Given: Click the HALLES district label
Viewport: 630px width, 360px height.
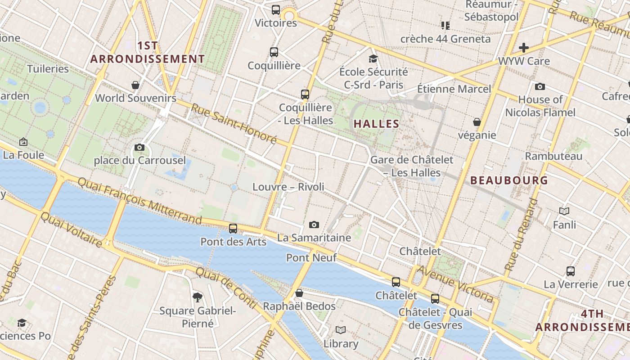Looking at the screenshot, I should (x=377, y=124).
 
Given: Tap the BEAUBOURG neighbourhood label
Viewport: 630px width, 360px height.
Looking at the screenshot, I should (x=509, y=180).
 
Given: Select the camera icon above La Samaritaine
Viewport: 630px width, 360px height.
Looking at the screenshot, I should (x=314, y=225).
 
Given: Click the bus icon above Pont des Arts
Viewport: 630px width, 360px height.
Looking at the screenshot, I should (x=233, y=228).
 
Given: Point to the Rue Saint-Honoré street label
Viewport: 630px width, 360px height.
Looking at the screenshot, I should (x=233, y=123).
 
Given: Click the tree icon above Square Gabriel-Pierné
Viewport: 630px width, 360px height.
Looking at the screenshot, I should (x=197, y=297).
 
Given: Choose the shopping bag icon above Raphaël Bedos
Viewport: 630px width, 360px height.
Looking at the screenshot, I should (x=299, y=293).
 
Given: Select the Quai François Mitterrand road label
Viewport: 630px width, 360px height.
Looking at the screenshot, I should (x=140, y=201).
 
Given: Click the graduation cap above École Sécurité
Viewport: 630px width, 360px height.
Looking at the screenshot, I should (x=373, y=58).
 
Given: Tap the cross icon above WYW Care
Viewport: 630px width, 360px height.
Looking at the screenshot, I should (x=524, y=48).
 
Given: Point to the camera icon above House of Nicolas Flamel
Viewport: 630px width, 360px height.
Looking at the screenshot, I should (x=540, y=86).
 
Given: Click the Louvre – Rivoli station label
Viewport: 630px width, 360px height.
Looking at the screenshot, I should (x=288, y=187).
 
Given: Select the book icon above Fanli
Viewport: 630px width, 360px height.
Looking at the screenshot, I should (x=564, y=211).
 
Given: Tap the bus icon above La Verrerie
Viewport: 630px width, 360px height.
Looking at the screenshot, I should (x=571, y=271).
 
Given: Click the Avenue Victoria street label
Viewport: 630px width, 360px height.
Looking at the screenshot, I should (x=455, y=283).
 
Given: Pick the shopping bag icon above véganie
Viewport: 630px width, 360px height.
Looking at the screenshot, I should (x=477, y=122).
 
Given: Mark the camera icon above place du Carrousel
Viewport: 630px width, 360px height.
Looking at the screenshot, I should (x=139, y=148).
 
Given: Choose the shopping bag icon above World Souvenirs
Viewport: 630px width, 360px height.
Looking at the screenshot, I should (x=135, y=85).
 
